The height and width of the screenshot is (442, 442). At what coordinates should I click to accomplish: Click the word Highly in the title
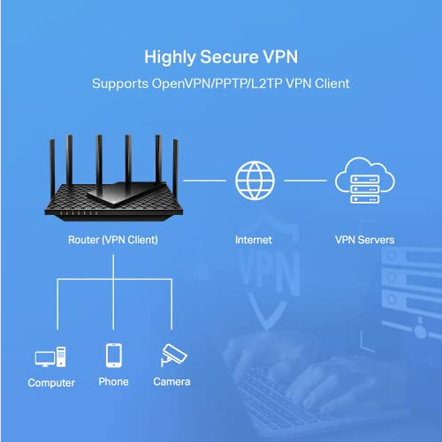tap(170, 57)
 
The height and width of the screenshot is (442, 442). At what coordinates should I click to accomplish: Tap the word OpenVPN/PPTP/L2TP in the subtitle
tap(217, 84)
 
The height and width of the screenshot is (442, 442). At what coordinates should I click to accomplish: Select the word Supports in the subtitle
tap(120, 84)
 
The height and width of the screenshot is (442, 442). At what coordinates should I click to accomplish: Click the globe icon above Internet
tap(255, 180)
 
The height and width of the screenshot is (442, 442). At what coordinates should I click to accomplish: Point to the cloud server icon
tap(365, 180)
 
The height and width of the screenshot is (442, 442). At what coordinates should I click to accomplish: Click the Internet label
tap(253, 240)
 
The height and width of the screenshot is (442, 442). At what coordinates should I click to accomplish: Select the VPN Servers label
tap(365, 240)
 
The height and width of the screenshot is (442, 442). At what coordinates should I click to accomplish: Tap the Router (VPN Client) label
tap(113, 240)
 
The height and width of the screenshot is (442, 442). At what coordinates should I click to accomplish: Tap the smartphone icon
tap(113, 355)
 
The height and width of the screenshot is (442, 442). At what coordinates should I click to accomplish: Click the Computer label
tap(51, 383)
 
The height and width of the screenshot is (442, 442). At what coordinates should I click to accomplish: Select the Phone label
tap(113, 382)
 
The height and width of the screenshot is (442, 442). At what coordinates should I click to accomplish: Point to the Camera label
tap(172, 382)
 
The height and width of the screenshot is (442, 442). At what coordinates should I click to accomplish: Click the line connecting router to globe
tap(204, 180)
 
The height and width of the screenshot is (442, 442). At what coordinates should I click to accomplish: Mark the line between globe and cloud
tap(305, 180)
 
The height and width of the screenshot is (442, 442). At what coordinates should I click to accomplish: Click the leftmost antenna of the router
tap(52, 166)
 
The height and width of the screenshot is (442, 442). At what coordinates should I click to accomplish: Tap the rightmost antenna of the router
tap(175, 169)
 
